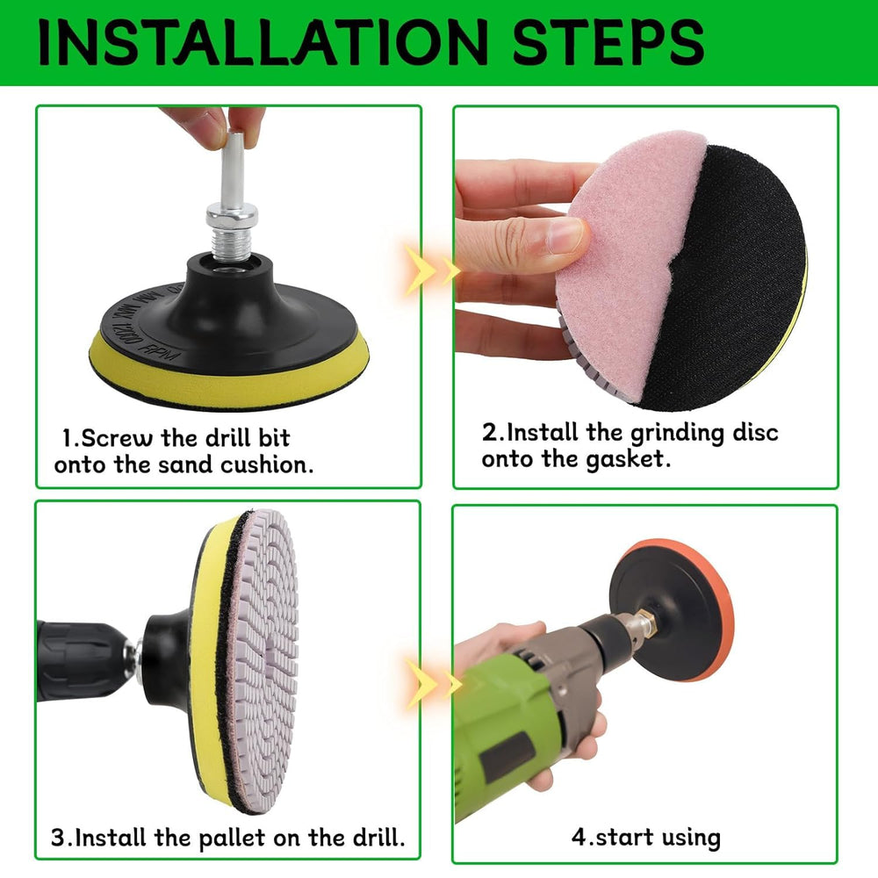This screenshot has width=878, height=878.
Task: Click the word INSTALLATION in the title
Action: pos(263,42)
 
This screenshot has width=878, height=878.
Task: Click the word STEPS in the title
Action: pos(608,42)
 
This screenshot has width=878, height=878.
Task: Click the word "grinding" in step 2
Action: pos(676,434)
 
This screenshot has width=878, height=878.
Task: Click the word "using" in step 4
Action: pos(690,838)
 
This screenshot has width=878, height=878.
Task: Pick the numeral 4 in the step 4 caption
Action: pos(579,837)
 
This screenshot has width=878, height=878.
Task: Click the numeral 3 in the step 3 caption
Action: pos(58,838)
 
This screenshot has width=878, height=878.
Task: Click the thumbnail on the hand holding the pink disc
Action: pos(566,234)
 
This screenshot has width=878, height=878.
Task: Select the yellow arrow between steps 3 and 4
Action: pos(432,683)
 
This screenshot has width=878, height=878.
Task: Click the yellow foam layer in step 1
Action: pos(229,372)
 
